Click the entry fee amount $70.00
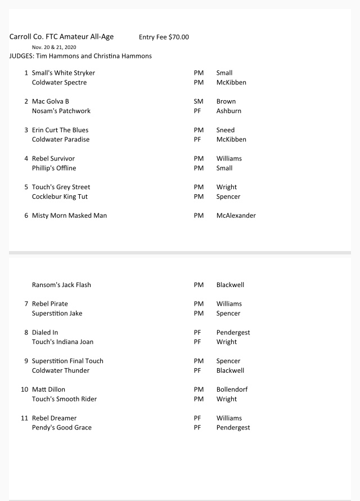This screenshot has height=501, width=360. pos(178,37)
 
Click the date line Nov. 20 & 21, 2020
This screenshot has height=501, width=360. pos(54,47)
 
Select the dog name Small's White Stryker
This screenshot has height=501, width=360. pos(64,73)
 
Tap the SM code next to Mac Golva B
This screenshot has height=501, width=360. pos(199,102)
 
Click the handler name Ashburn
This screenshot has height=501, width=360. pos(229,111)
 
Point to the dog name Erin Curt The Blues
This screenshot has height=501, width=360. pos(60,131)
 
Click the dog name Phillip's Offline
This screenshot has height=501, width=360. pos(54,168)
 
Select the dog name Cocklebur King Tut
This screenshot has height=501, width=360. pos(60,197)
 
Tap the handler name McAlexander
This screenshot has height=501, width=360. pos(236,216)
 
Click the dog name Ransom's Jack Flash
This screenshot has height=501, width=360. pos(61,285)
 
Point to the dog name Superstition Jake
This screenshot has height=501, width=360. pos(57,314)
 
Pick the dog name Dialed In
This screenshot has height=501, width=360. pos(45,333)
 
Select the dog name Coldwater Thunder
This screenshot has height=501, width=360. pos(61,371)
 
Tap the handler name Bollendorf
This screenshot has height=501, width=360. pos(232,390)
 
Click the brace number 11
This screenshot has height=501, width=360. pos(25,418)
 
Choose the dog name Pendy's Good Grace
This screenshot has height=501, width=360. pos(62,428)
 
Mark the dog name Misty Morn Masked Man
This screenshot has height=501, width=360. pos(69,216)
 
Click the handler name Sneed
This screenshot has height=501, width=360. pos(226,131)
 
